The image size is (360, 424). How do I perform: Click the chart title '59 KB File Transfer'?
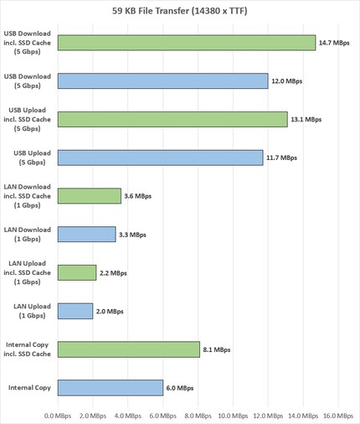180,13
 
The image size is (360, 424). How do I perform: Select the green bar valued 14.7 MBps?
186,43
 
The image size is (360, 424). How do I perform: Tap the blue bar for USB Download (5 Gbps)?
162,81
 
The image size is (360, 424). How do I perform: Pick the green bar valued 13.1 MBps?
172,120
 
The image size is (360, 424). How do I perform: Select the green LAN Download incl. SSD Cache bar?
89,196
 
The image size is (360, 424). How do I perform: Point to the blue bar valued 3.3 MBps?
86,235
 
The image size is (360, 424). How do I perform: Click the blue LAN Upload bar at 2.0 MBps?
75,311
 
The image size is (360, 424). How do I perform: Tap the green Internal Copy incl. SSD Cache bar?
128,349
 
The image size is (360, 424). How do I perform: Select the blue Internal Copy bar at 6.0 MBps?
110,388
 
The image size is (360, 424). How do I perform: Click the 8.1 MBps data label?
216,349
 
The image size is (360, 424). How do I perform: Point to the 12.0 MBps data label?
286,81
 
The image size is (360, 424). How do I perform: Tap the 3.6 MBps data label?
137,196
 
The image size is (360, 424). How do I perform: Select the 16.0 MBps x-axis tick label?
338,415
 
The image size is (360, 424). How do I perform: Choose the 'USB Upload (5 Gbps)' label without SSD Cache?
31,158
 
